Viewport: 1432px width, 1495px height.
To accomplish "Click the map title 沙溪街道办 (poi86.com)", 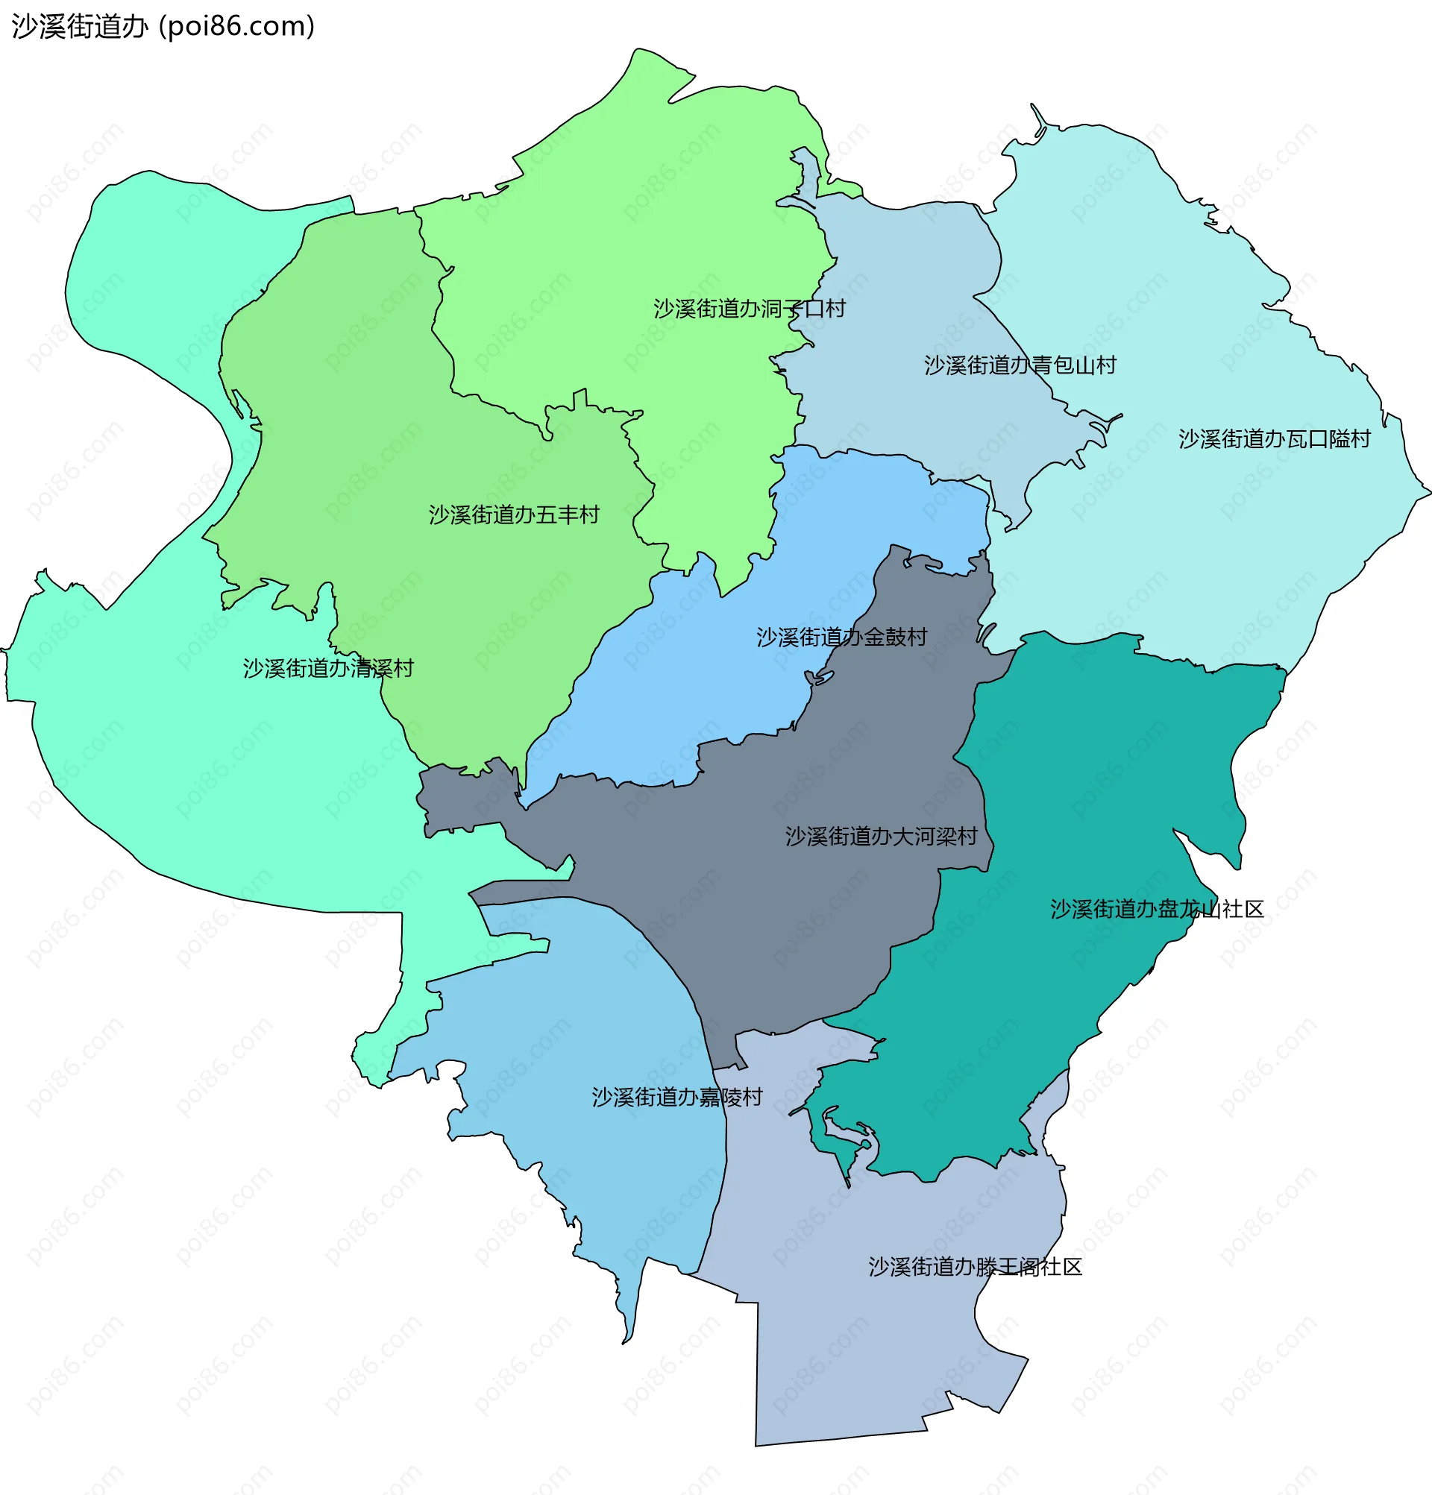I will [x=163, y=27].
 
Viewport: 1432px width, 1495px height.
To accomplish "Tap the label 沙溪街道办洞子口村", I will [x=749, y=308].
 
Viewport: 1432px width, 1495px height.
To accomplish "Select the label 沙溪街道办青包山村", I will [x=1020, y=365].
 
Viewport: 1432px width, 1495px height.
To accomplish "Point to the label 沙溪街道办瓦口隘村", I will [x=1274, y=438].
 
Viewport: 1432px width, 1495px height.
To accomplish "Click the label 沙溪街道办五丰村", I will [x=513, y=514].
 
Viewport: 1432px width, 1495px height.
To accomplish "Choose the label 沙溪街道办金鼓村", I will [x=841, y=637].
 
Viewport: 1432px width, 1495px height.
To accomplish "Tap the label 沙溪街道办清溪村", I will [x=328, y=668].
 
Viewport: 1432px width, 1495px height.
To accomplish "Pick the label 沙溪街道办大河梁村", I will [x=881, y=836].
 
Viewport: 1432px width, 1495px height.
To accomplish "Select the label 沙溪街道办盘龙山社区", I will [x=1157, y=908].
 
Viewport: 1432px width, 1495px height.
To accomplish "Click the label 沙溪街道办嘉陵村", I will [x=676, y=1097].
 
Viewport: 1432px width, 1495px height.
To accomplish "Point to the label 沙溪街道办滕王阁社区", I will [x=975, y=1267].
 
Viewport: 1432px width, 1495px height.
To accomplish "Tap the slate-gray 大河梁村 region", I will [x=763, y=900].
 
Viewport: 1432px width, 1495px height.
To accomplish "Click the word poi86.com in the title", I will [x=236, y=27].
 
